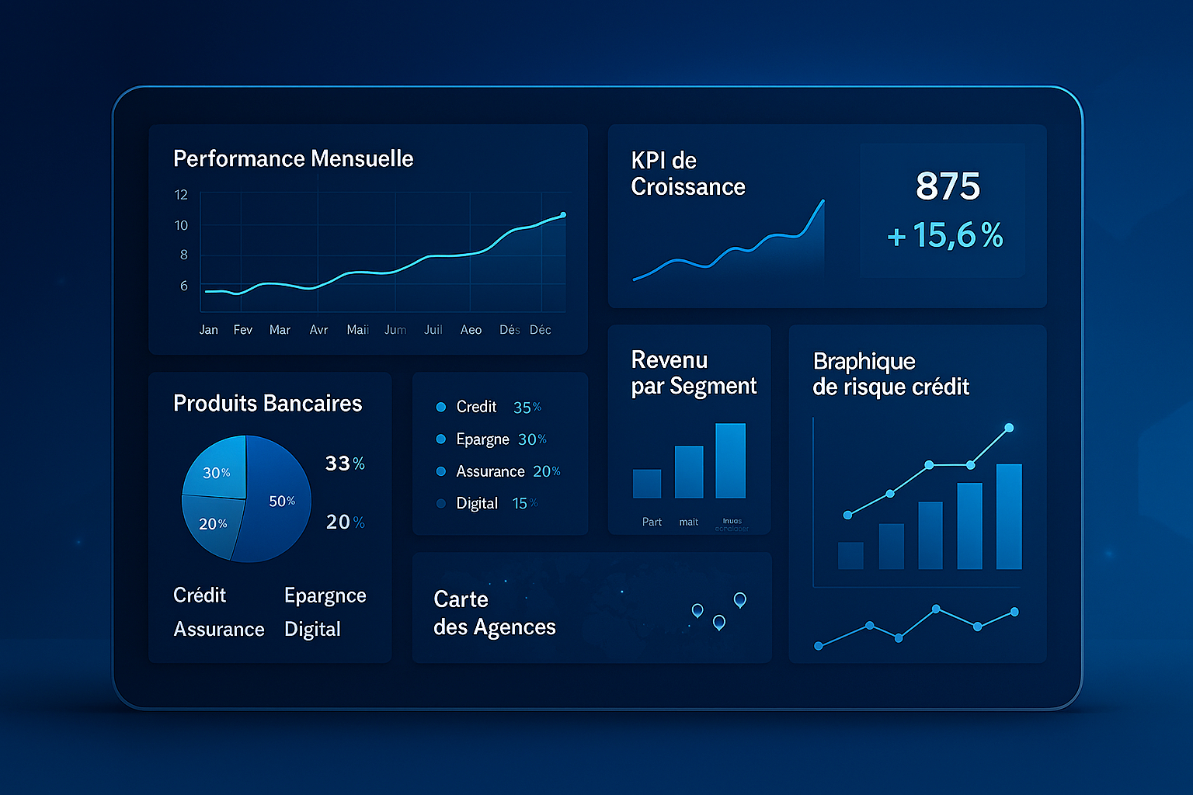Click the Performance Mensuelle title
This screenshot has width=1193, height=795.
coord(293,159)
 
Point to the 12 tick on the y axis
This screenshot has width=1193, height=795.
coord(181,195)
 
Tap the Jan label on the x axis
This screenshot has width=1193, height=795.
coord(208,330)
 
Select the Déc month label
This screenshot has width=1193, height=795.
coord(541,330)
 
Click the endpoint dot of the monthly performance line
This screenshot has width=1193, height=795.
coord(563,215)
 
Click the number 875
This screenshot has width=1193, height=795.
coord(948,186)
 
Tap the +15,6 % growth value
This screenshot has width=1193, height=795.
coord(945,235)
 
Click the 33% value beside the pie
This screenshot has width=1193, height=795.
coord(344,463)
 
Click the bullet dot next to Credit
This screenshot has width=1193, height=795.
coord(441,407)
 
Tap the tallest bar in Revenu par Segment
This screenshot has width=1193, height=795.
coord(730,460)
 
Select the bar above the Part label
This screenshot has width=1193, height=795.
coord(646,483)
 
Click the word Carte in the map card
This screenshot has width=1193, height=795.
coord(461,599)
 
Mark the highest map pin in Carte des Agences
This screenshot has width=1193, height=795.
coord(740,599)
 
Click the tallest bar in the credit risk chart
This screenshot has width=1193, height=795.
coord(1008,516)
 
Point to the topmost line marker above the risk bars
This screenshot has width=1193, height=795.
coord(1009,428)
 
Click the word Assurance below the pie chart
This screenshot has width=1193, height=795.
coord(219,629)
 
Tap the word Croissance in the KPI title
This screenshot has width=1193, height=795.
coord(688,187)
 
